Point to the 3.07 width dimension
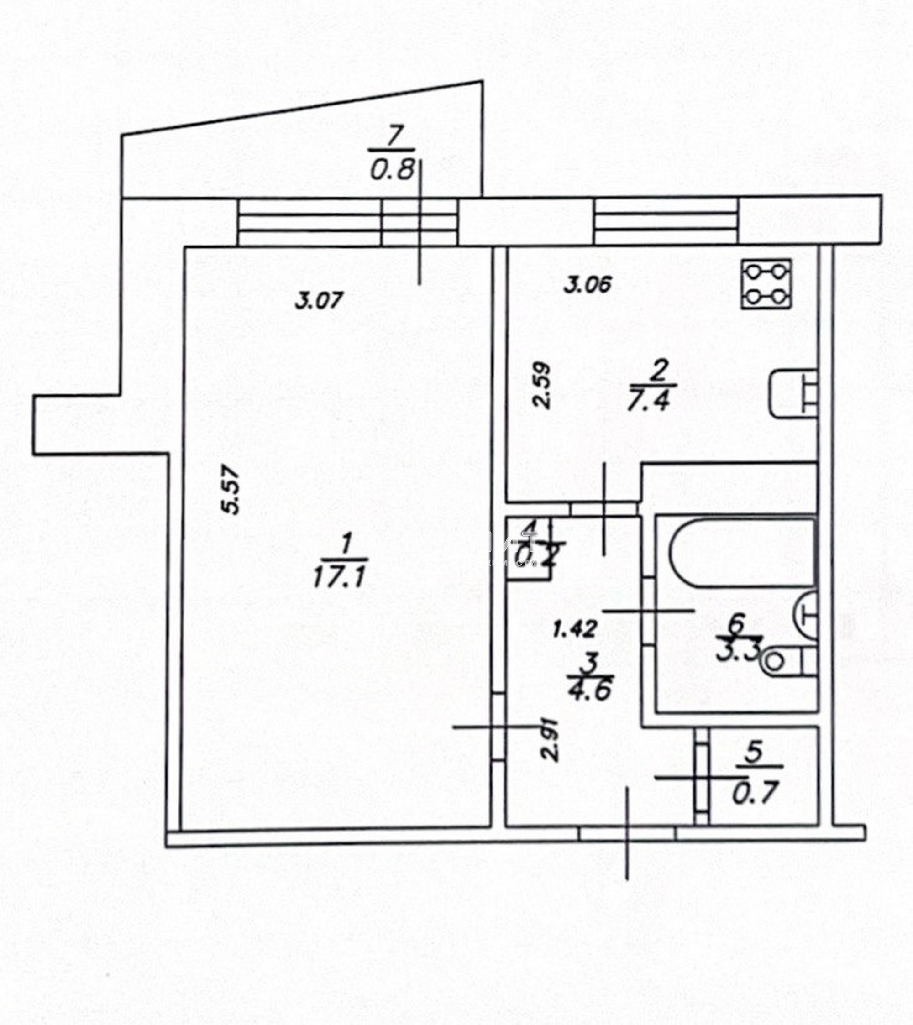(x=319, y=301)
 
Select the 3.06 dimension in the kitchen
(x=588, y=285)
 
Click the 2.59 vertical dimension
(x=542, y=385)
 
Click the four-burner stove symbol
(x=766, y=284)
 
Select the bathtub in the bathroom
(x=741, y=553)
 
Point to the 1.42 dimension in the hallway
(x=575, y=629)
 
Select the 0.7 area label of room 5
(x=755, y=793)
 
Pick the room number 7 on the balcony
(x=394, y=136)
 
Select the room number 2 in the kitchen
(x=658, y=371)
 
